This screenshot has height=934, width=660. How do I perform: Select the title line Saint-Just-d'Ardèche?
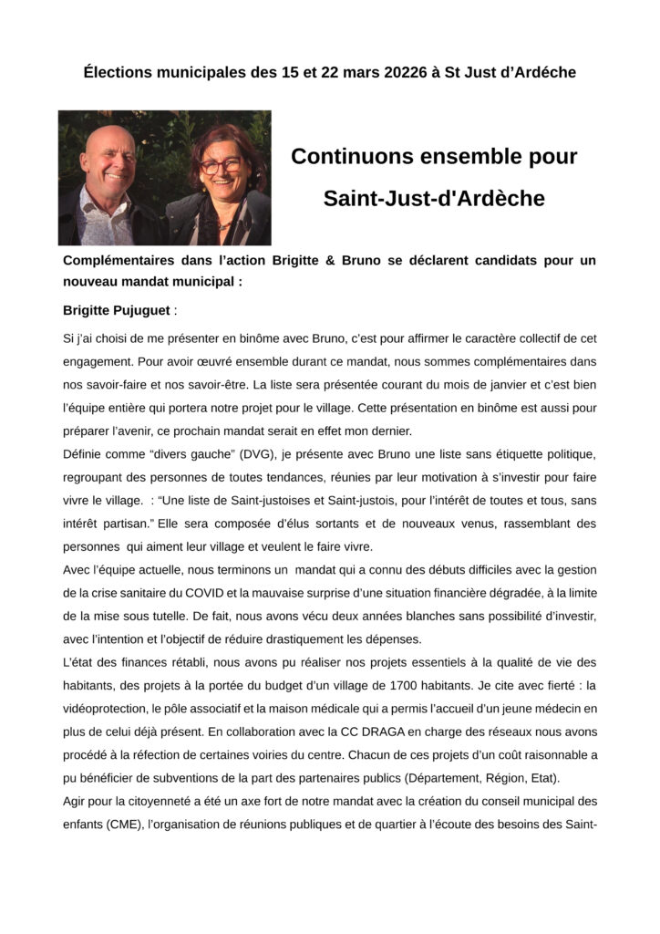tap(434, 198)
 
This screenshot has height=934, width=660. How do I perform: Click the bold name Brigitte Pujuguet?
tap(116, 310)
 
